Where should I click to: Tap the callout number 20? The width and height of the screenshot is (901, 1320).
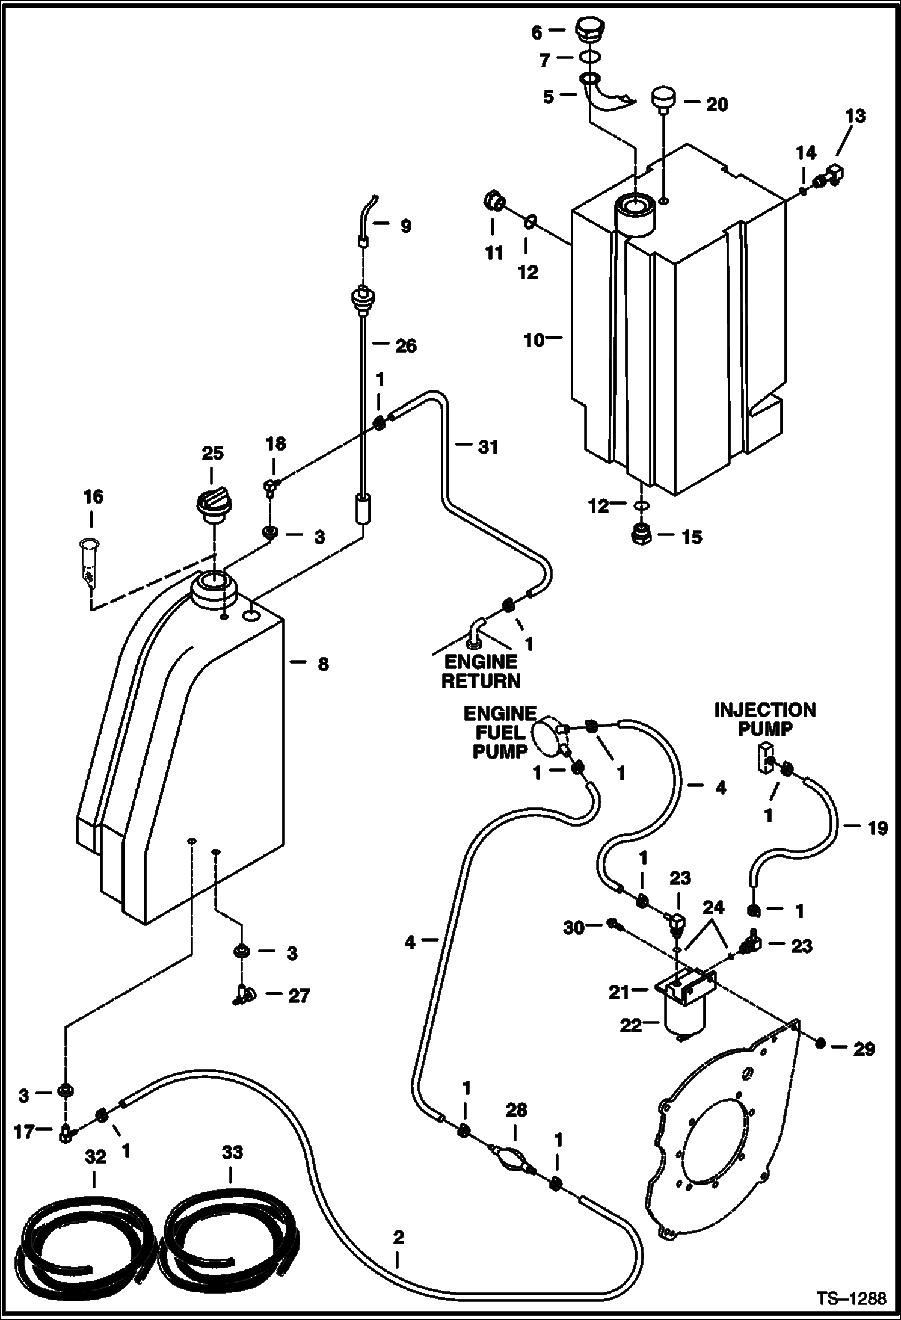[716, 105]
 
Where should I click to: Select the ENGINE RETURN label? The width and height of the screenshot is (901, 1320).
[480, 671]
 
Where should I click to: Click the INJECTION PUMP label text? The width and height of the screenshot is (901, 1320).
[764, 719]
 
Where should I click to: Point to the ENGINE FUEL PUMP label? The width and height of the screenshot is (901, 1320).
[499, 732]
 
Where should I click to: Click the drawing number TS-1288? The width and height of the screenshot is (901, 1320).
[851, 1298]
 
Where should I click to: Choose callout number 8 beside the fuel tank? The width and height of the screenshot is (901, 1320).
[323, 664]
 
